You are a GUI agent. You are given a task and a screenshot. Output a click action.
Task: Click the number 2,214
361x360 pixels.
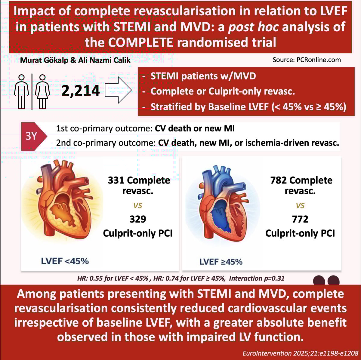(x=81, y=90)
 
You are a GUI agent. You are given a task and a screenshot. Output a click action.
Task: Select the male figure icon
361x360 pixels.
(x=21, y=92)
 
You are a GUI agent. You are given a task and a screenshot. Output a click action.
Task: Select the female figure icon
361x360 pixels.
(x=42, y=92)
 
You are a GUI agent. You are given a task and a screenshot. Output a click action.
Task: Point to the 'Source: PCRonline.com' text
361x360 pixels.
(x=307, y=60)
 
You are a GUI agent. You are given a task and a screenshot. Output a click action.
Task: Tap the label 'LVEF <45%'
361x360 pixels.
(x=65, y=261)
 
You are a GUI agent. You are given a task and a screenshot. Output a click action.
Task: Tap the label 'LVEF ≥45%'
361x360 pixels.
(x=221, y=261)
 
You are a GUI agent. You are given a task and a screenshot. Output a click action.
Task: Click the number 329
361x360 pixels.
(x=137, y=219)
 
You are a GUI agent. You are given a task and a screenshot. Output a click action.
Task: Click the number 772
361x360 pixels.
(x=300, y=219)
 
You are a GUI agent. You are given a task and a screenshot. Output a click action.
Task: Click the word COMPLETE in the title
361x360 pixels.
(x=140, y=42)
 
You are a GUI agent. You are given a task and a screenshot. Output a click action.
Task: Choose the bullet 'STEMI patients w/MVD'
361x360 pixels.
(x=203, y=76)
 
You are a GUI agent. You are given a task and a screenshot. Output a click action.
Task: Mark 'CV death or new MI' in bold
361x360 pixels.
(x=195, y=129)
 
